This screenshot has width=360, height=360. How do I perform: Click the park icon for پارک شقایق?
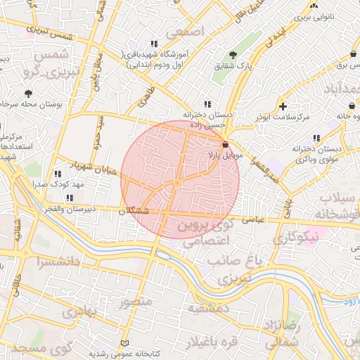pos(233,55)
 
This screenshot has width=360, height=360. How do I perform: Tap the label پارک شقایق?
pos(233,67)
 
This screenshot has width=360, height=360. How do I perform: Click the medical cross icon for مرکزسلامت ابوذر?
pos(283,107)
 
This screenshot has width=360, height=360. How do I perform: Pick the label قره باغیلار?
pos(210,343)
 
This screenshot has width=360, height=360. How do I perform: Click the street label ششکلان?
pos(134,210)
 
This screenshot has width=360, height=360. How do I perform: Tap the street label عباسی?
pos(252,219)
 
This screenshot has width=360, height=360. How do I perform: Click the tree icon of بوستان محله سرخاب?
pos(28,94)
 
